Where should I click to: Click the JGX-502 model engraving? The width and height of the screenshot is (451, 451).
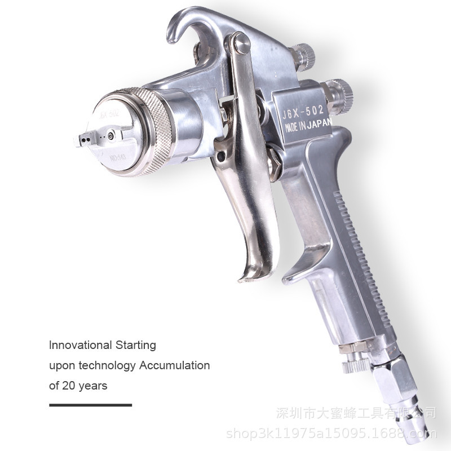[302, 111]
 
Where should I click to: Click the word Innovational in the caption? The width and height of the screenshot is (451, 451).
[80, 344]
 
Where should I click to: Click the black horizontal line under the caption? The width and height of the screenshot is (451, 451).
[90, 405]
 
